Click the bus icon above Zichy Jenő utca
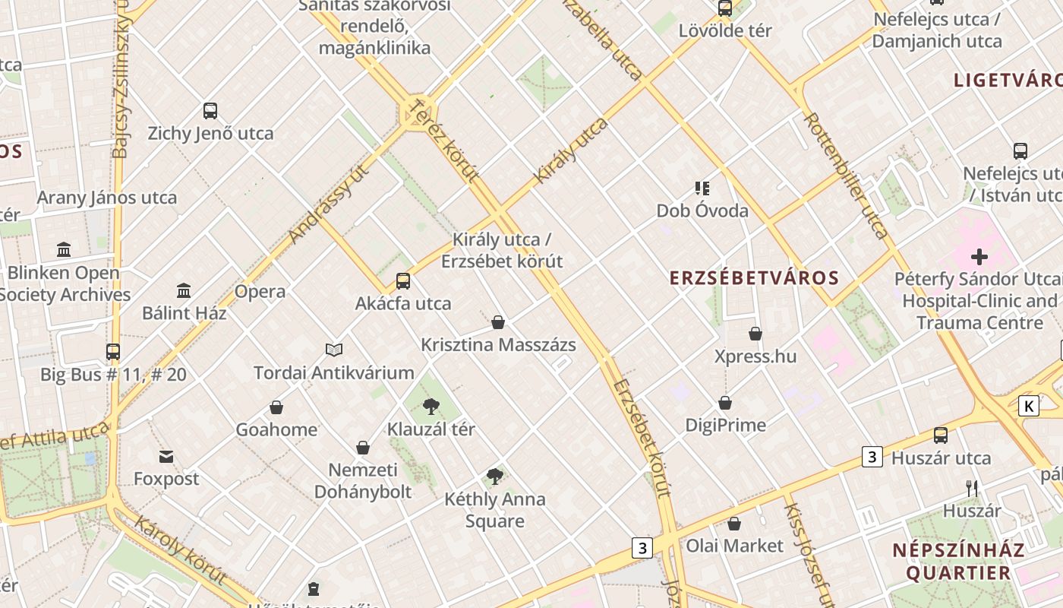tap(210, 111)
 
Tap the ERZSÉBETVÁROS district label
tap(754, 278)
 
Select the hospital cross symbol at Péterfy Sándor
tap(979, 257)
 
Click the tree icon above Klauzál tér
tap(431, 407)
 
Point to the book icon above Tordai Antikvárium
tap(334, 350)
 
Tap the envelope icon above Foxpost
tap(166, 457)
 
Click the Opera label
tap(260, 292)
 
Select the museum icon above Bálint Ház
tap(184, 290)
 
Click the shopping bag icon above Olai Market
tap(733, 524)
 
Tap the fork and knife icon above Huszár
tap(972, 488)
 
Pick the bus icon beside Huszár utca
tap(941, 435)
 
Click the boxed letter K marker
tap(1029, 406)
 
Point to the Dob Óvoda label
tap(702, 211)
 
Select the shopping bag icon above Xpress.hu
tap(755, 334)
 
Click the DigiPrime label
tap(726, 425)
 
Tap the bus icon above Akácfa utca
tap(403, 281)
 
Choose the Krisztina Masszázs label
tap(498, 345)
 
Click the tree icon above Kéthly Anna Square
tap(495, 477)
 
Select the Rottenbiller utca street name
tap(846, 176)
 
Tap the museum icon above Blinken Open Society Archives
tap(64, 249)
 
